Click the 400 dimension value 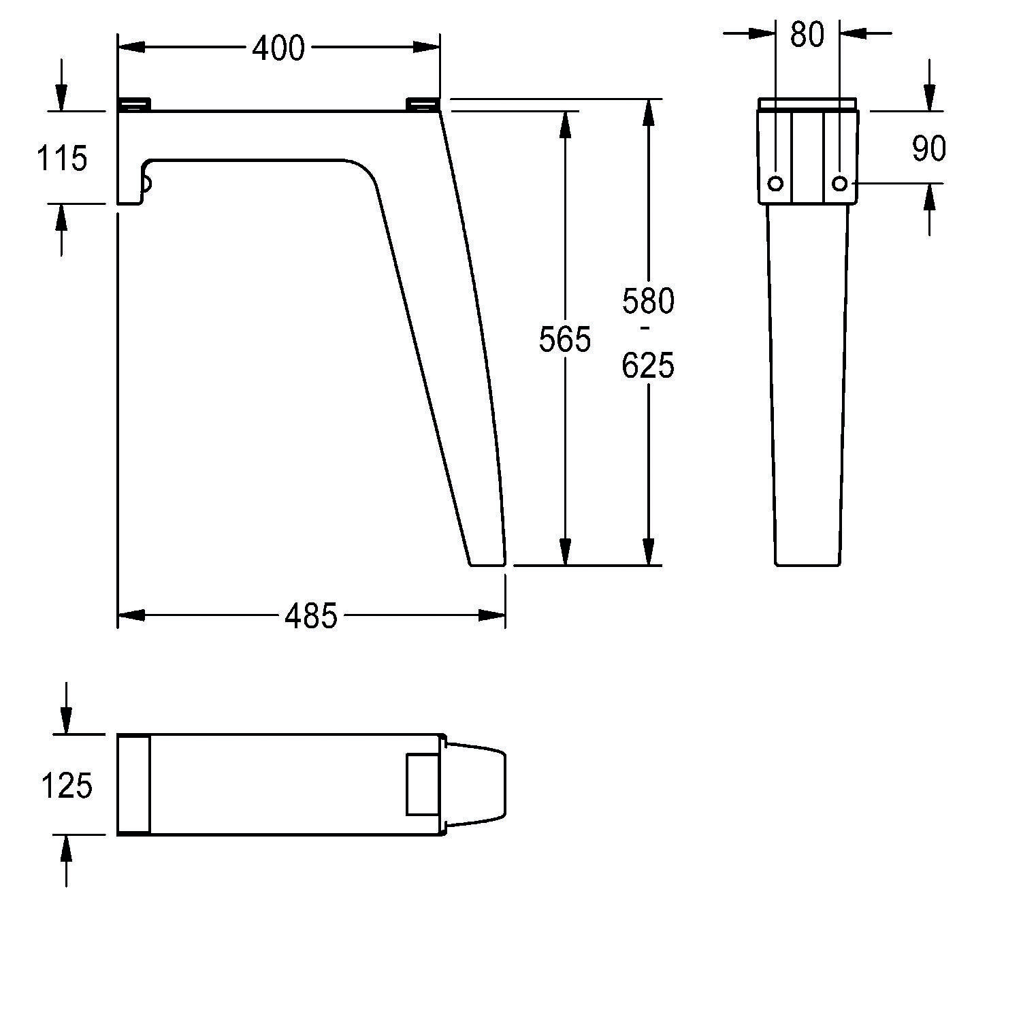click(278, 48)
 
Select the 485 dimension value click(310, 617)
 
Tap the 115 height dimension click(61, 159)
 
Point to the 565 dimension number click(564, 339)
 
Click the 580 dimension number click(647, 301)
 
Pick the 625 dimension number click(647, 366)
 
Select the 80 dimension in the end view click(807, 34)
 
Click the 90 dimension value click(928, 148)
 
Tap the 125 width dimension click(67, 785)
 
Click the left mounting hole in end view click(775, 183)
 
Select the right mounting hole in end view click(840, 183)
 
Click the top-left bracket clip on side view click(134, 104)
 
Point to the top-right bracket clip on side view click(423, 104)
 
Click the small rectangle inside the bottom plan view click(423, 784)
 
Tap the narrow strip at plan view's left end click(133, 784)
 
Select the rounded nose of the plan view click(487, 784)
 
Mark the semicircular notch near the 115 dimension click(146, 182)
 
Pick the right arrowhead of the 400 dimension click(428, 47)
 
